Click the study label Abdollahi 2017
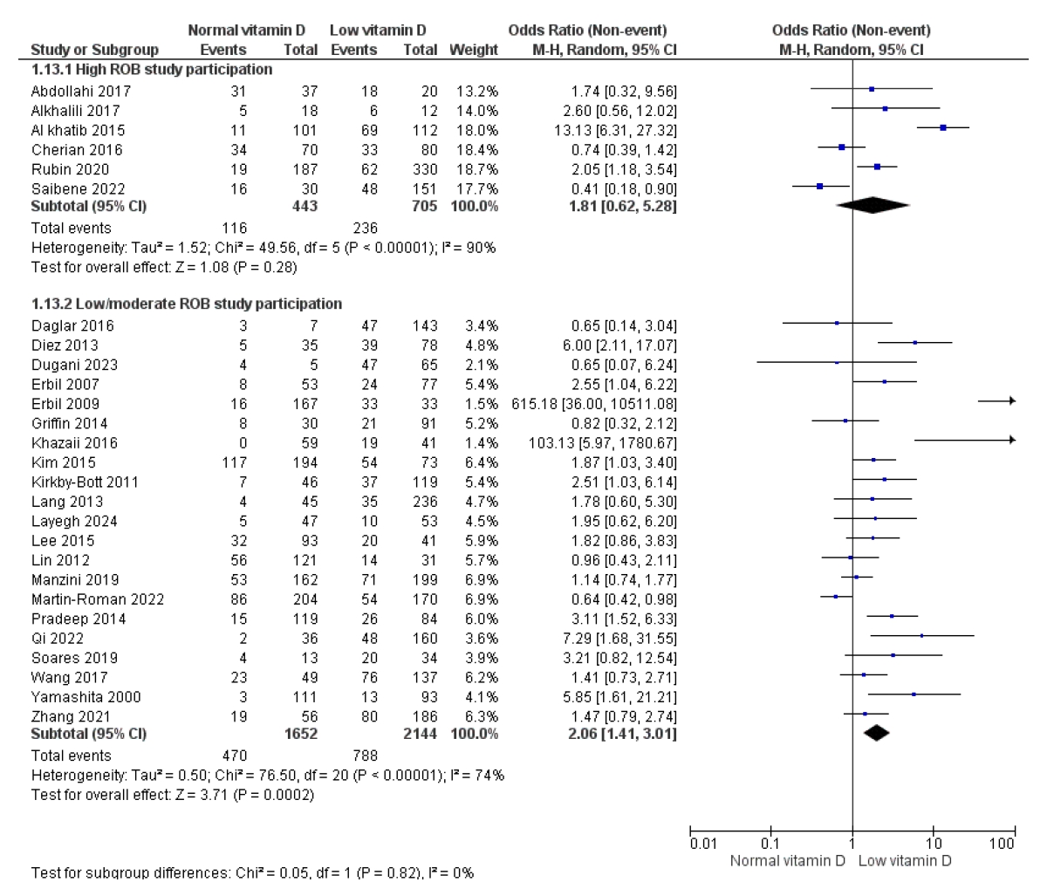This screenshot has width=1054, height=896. [x=80, y=92]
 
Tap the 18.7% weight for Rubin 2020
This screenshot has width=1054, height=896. [x=476, y=169]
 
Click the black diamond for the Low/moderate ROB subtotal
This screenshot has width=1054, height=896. [x=876, y=734]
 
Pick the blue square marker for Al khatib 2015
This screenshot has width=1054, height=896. [x=943, y=127]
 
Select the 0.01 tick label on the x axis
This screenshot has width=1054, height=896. [x=702, y=844]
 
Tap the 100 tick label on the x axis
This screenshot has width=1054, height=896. [x=1003, y=844]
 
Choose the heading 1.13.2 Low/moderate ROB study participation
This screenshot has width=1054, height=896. [x=186, y=304]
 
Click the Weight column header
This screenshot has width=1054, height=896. [x=473, y=50]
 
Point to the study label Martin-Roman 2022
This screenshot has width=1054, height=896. [x=97, y=599]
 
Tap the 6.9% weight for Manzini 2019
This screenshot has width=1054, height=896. [x=479, y=580]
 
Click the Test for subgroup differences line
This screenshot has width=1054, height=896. [x=252, y=872]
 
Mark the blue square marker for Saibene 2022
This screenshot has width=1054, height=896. [x=820, y=186]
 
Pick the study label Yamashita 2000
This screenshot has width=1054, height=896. [x=86, y=697]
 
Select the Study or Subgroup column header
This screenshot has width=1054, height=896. [x=94, y=50]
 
